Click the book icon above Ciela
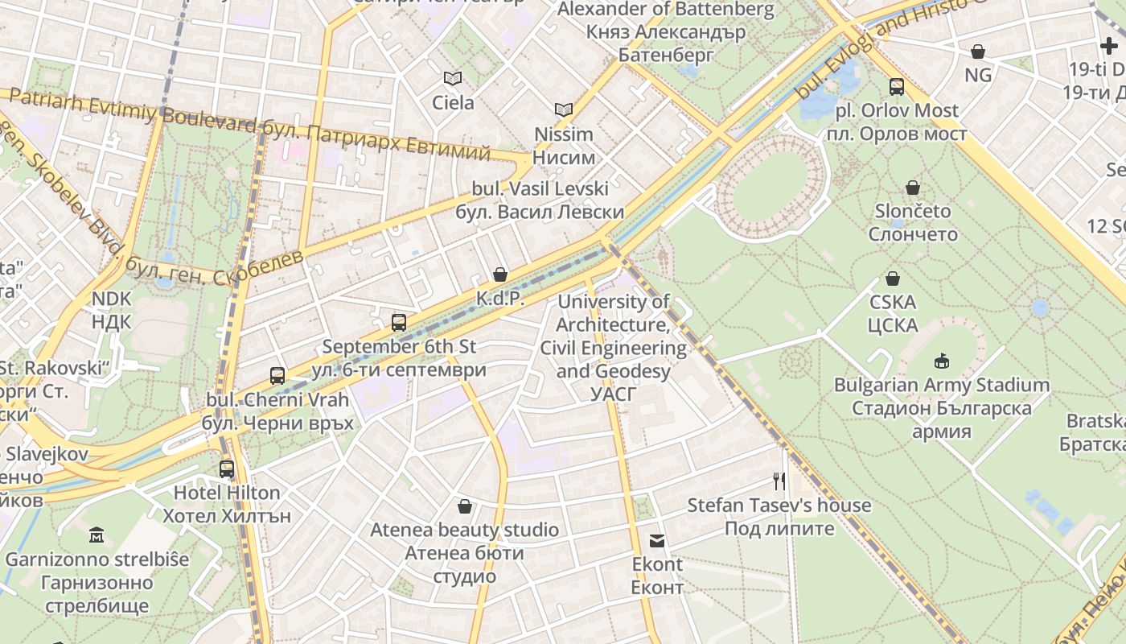453,78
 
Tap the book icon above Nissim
564,109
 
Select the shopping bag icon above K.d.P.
500,275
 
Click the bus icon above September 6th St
398,323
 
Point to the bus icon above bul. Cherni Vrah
277,375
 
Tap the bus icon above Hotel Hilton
227,469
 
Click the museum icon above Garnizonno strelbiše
97,535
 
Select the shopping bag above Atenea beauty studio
464,506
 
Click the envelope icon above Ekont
657,540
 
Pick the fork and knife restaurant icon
779,481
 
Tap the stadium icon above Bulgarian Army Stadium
941,361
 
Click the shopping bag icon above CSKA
892,279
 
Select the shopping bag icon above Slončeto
913,188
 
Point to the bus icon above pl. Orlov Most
896,87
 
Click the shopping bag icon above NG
978,52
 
